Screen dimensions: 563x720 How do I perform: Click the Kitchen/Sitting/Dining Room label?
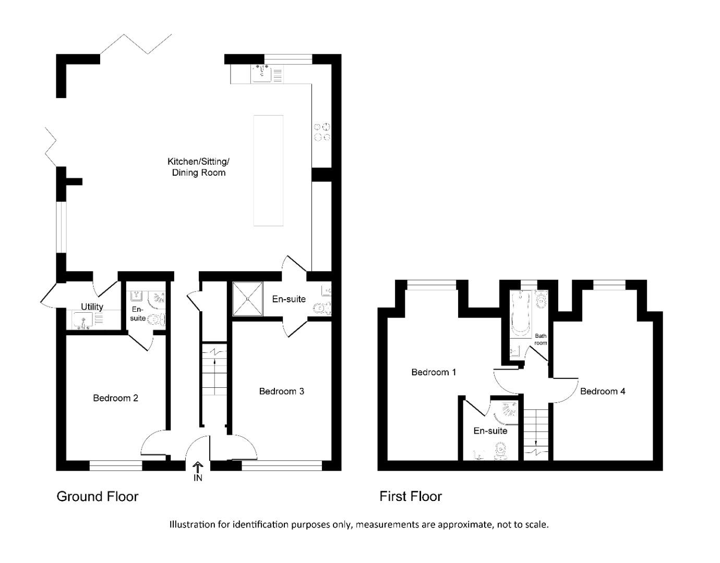tap(198, 167)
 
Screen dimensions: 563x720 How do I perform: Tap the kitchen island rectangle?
tap(268, 170)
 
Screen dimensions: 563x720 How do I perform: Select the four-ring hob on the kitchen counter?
tap(321, 132)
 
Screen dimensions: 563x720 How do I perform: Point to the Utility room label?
tap(92, 307)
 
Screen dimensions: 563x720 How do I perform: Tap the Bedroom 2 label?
tap(115, 398)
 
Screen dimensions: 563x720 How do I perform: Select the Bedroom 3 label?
tap(281, 391)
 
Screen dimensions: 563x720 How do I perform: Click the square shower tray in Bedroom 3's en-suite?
tap(247, 298)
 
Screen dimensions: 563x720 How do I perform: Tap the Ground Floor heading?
tap(97, 496)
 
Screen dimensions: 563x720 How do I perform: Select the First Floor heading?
tap(410, 496)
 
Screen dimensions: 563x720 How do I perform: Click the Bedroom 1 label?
tap(434, 372)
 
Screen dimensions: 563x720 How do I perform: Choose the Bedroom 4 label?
tap(602, 391)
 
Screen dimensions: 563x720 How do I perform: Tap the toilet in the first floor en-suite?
tap(501, 450)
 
